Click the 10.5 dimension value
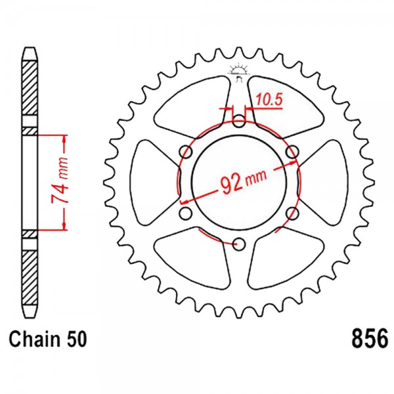[x=270, y=99]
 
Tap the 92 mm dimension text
[x=243, y=181]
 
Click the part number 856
[x=370, y=339]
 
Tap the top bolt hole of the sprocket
[x=239, y=121]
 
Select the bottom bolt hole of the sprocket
[x=239, y=244]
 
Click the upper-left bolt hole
[x=186, y=152]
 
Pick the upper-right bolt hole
[x=292, y=152]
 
